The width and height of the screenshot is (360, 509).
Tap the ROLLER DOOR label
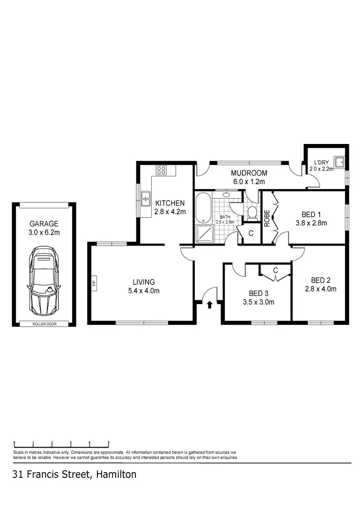(x=44, y=324)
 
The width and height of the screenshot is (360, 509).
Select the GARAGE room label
(x=44, y=224)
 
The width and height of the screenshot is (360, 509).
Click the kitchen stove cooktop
(x=161, y=170)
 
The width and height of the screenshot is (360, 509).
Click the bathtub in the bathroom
(x=204, y=208)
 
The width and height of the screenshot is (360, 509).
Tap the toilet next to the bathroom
(x=252, y=213)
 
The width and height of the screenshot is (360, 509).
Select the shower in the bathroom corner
(x=203, y=233)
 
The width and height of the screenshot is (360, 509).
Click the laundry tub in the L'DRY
(x=339, y=162)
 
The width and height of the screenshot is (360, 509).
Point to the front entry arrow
(x=209, y=304)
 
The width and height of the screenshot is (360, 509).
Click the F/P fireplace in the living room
(x=94, y=283)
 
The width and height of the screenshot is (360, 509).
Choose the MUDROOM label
(x=249, y=173)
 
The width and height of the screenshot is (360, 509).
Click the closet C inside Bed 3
(x=275, y=271)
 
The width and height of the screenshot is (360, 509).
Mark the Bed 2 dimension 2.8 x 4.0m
(x=321, y=289)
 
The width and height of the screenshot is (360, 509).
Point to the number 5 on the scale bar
(x=108, y=443)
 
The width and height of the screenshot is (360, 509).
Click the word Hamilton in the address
(x=116, y=475)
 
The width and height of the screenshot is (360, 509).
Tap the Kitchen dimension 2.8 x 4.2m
(x=170, y=212)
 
